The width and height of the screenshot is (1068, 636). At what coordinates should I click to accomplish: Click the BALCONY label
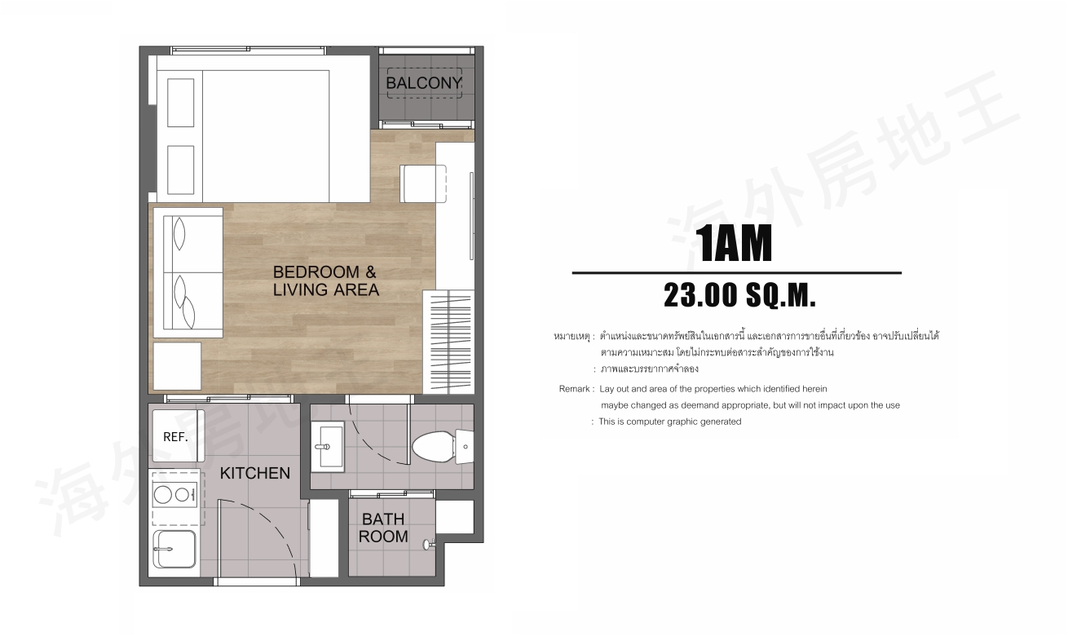(x=424, y=83)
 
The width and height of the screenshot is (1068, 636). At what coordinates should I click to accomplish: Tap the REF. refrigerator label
(x=175, y=437)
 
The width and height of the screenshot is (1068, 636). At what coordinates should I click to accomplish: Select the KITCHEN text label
(x=255, y=473)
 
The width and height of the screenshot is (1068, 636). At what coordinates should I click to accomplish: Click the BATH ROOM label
(x=383, y=528)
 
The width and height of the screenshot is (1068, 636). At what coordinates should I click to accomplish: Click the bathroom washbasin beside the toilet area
(x=328, y=446)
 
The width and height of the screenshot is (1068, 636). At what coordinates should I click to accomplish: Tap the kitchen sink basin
(x=174, y=550)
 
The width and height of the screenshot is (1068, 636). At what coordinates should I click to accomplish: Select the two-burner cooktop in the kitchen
(x=174, y=495)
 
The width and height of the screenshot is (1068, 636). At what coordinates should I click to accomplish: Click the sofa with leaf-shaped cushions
(x=188, y=272)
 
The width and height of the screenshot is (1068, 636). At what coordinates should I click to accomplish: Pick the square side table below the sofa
(x=177, y=366)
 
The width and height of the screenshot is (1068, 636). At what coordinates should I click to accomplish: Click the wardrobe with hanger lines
(x=448, y=342)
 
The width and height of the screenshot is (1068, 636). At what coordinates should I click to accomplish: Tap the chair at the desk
(x=423, y=183)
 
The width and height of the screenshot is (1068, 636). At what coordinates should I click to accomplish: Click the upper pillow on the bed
(x=181, y=103)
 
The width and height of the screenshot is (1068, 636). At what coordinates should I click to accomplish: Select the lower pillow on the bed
(x=181, y=170)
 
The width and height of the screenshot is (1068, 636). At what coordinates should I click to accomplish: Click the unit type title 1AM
(x=733, y=244)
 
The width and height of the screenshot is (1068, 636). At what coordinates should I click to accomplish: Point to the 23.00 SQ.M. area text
(x=739, y=295)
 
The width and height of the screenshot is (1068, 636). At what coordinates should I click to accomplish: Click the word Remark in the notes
(x=575, y=389)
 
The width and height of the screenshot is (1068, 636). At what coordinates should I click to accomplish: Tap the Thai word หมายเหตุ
(x=572, y=337)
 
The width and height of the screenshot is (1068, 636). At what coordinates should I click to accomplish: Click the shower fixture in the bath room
(x=429, y=544)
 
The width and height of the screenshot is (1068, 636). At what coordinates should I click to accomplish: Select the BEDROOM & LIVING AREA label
(x=325, y=280)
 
